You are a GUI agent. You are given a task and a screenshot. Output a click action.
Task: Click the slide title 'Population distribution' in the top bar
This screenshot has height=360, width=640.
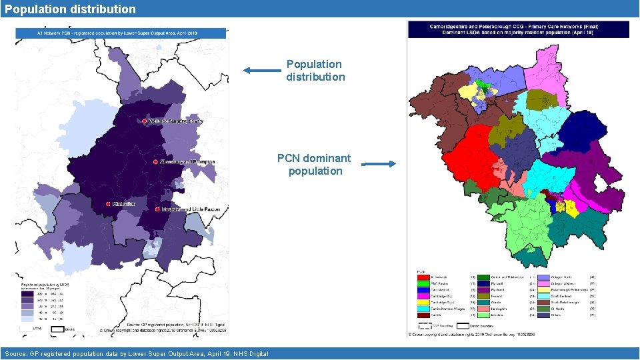click(x=69, y=9)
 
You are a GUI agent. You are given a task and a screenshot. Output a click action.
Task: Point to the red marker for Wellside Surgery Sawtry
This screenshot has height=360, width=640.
click(x=145, y=121)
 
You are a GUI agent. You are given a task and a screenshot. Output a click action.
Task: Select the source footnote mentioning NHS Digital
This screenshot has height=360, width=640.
click(x=136, y=353)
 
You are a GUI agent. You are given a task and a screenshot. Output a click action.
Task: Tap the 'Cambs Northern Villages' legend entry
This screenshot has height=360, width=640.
click(x=447, y=308)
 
